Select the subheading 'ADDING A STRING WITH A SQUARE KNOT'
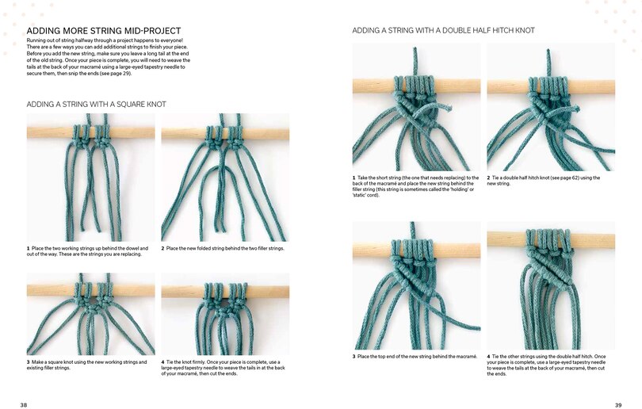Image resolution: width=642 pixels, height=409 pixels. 96,104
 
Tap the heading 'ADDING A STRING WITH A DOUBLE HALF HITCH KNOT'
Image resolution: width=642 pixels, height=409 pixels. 443,31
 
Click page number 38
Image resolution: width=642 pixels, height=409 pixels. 24,404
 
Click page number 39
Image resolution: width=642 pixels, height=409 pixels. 618,404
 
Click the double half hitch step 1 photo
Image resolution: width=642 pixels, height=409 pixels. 416,106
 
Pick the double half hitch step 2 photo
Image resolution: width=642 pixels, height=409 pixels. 551,106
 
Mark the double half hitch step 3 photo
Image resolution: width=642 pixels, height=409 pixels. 416,285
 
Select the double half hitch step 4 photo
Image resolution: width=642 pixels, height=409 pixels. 551,285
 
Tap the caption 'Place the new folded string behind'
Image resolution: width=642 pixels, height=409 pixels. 223,248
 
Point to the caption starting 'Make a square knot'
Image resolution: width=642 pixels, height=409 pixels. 88,365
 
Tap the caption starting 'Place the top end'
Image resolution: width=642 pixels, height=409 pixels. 415,357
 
